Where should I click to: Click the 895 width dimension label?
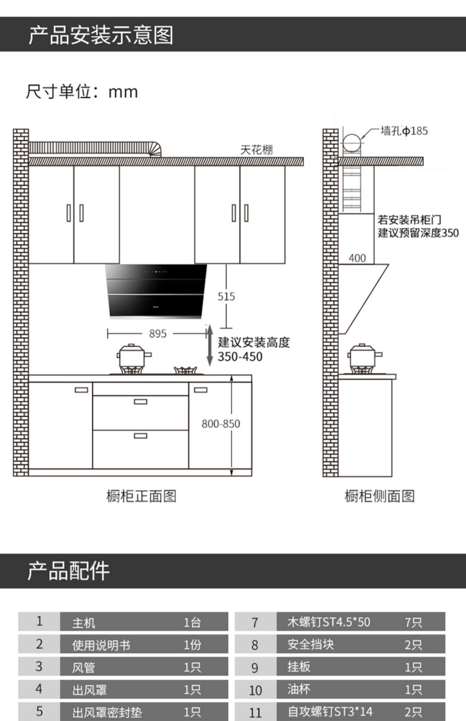coord(158,334)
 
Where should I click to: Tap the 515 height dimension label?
coord(226,297)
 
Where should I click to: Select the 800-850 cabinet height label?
coord(221,424)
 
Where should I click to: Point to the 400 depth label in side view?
coord(357,258)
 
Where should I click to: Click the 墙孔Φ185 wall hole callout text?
coord(404,131)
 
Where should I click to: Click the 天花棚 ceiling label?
coord(256,150)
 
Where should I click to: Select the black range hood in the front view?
coord(156,291)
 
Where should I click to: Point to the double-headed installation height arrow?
coord(210,345)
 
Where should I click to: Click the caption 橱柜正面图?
coord(141,496)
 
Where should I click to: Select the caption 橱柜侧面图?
coord(379,496)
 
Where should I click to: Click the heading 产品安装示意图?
coord(101,35)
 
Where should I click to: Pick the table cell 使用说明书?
coord(101,646)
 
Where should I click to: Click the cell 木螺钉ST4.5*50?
coord(329,622)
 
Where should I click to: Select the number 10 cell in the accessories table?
coord(255,690)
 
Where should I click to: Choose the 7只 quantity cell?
coord(413,622)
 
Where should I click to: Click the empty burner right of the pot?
coord(185,370)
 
